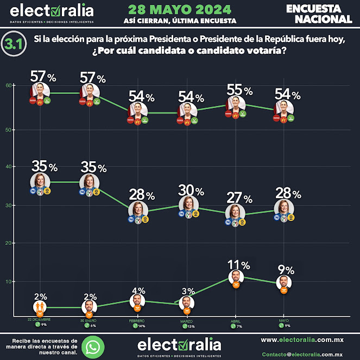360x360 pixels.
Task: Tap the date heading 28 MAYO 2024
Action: tap(180, 9)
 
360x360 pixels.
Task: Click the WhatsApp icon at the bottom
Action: tap(93, 346)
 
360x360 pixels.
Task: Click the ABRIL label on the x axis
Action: tap(235, 321)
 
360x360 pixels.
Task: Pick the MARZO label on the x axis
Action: tap(186, 321)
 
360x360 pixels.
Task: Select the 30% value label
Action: tap(192, 191)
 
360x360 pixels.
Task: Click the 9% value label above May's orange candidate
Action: tap(286, 270)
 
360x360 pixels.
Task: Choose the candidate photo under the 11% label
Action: tap(236, 277)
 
